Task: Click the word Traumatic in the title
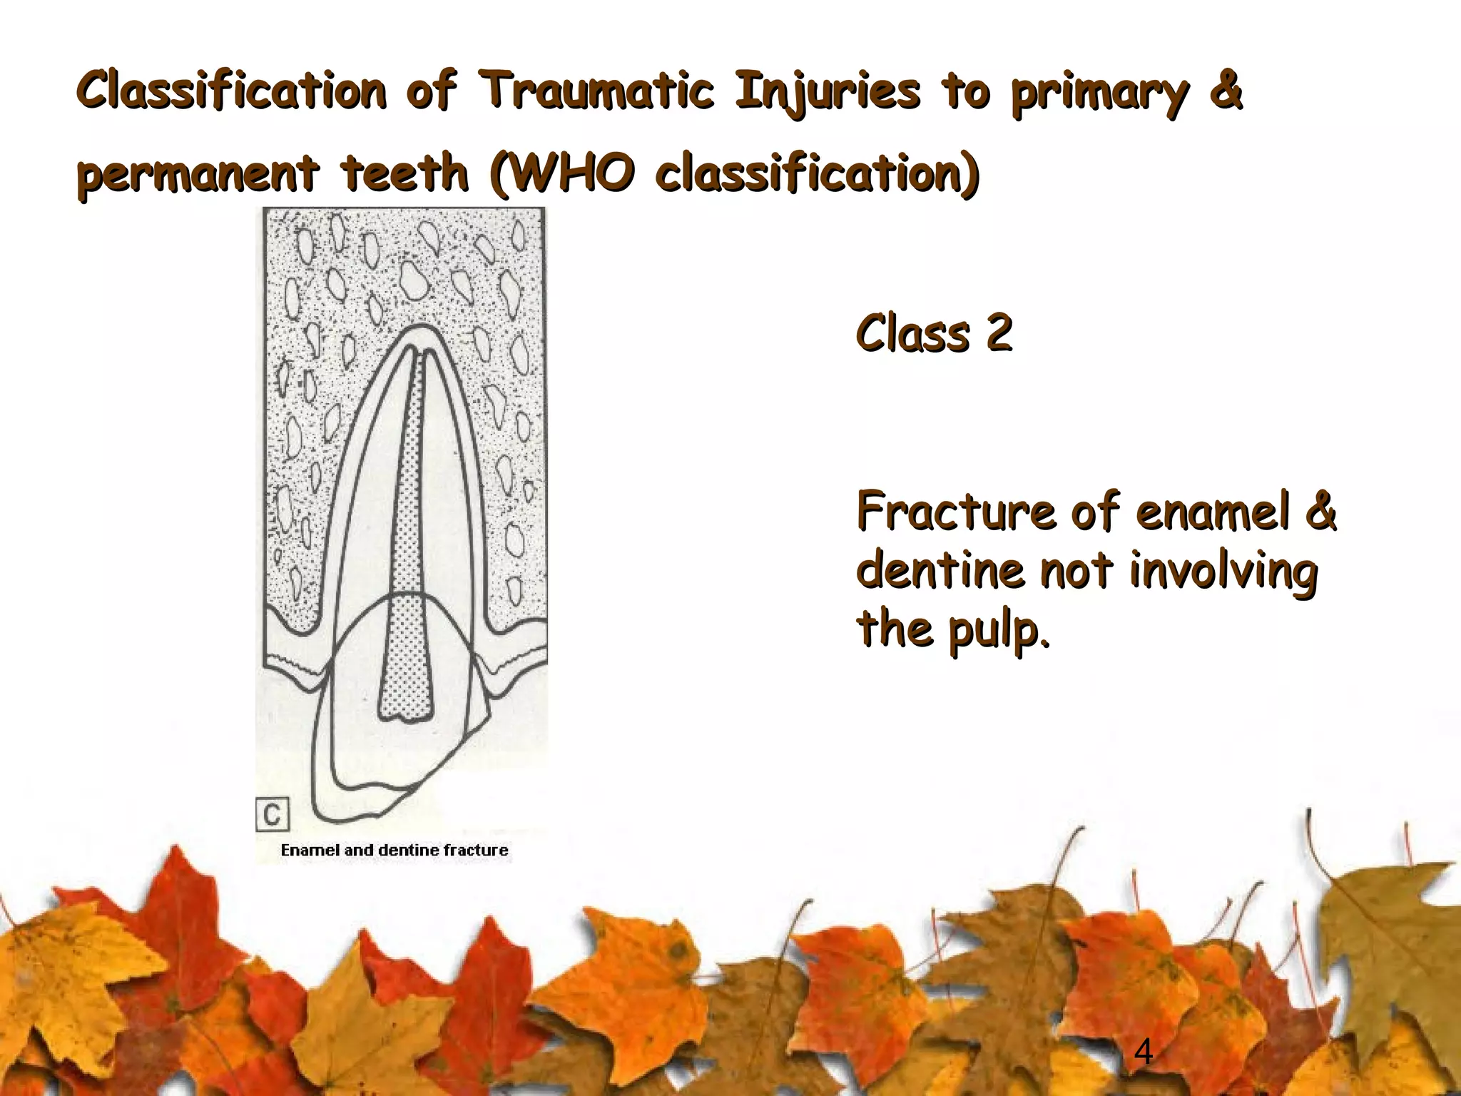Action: [x=596, y=91]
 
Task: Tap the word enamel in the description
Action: [x=1213, y=512]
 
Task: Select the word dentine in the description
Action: [x=940, y=571]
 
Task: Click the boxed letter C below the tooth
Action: [x=273, y=814]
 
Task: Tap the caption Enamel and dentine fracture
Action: [x=394, y=850]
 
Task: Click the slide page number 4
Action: [x=1143, y=1051]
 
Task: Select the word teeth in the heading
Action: [x=404, y=173]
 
